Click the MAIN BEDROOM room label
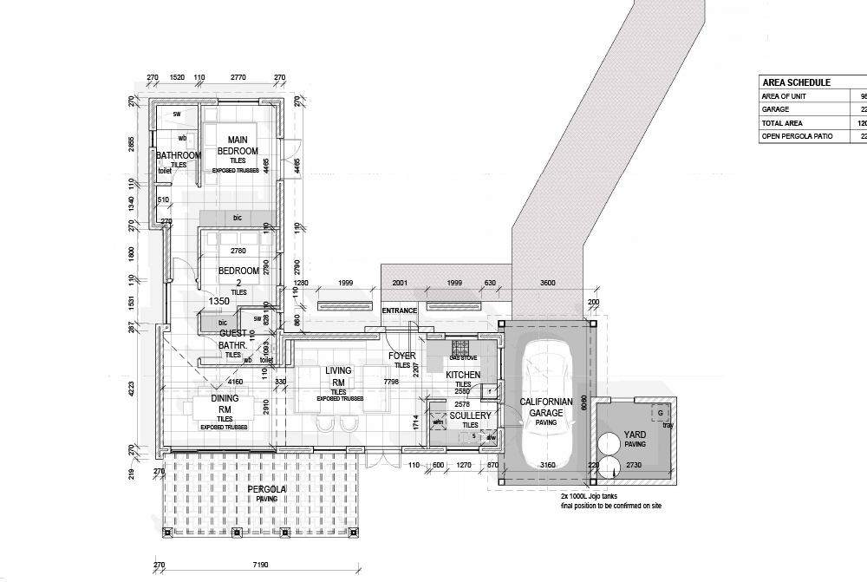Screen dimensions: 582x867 pos(238,145)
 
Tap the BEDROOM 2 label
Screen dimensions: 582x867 pos(238,276)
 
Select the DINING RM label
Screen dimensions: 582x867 pos(225,404)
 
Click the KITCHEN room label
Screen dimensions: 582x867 pos(463,375)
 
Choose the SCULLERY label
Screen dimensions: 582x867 pos(470,416)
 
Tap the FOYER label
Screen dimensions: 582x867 pos(402,356)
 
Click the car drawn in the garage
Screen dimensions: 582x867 pos(546,408)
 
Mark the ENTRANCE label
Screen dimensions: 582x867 pos(400,311)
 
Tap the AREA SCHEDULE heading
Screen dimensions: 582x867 pos(796,82)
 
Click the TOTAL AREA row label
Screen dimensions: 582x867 pos(783,124)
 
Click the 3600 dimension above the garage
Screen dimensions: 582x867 pos(547,283)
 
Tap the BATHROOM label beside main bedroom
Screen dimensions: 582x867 pos(179,156)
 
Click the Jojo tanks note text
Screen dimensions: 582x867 pos(610,500)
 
